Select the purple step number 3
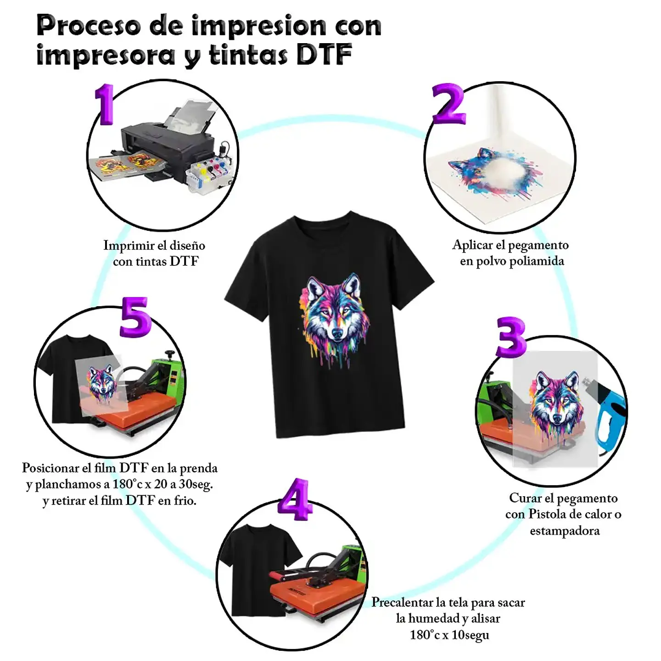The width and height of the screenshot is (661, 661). click(x=511, y=337)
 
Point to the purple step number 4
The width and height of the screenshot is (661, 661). click(x=295, y=499)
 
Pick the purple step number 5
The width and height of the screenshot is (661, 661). click(x=135, y=317)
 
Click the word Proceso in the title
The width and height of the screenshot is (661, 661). click(x=89, y=26)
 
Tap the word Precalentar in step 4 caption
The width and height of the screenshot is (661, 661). click(x=403, y=602)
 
